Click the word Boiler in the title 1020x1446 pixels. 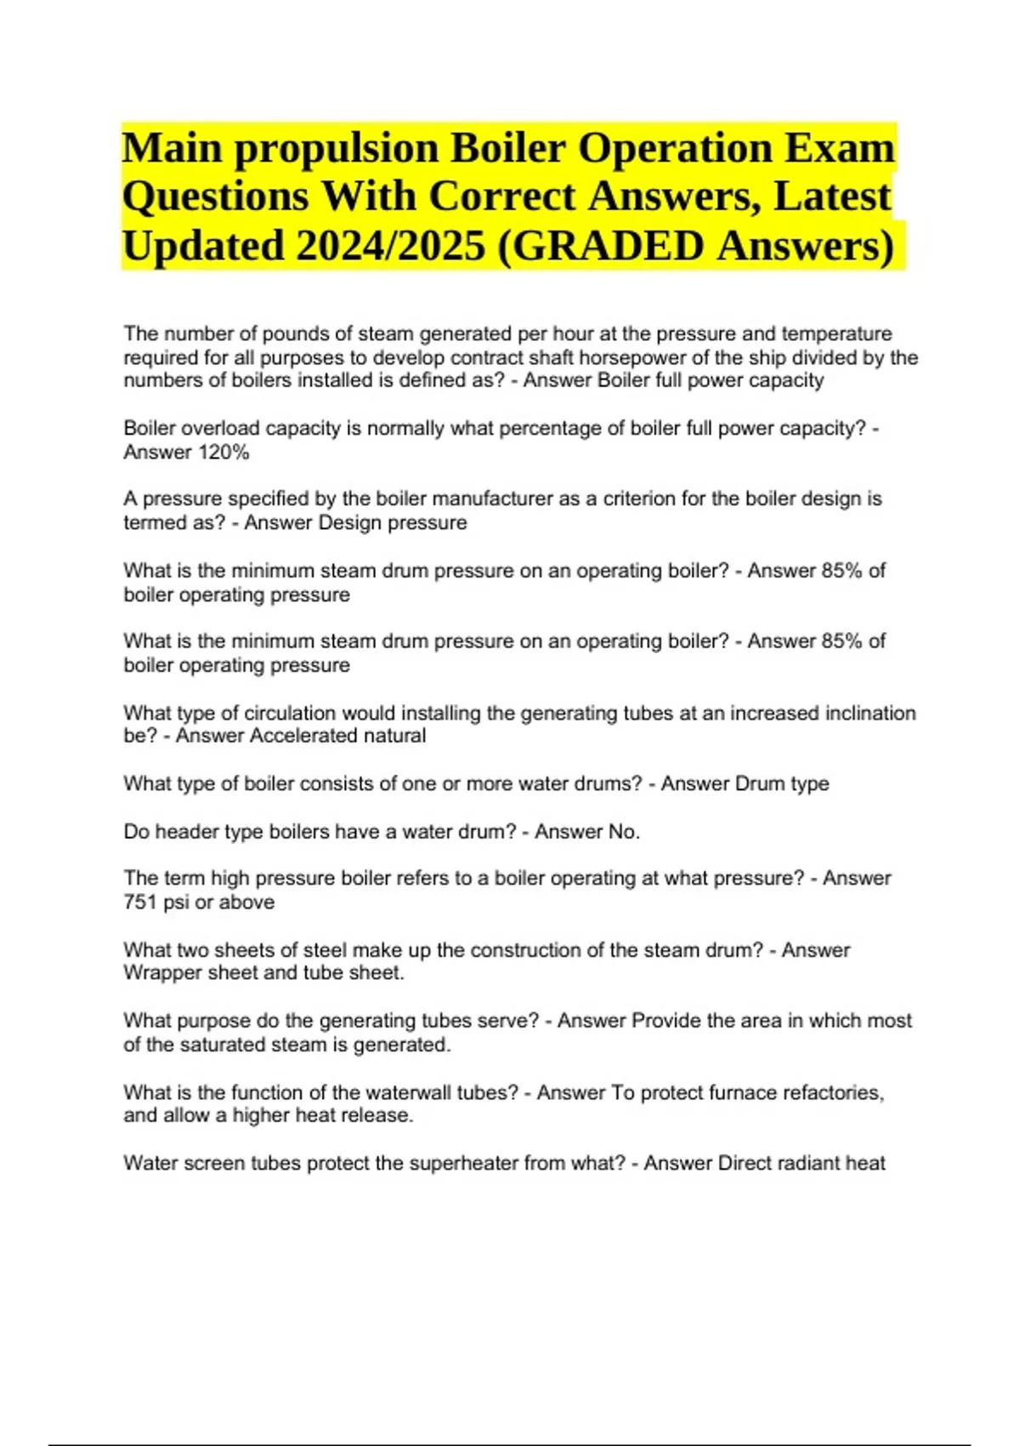tap(507, 149)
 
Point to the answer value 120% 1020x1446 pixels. tap(224, 453)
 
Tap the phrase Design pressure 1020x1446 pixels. tap(392, 522)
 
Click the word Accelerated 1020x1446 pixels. tap(302, 736)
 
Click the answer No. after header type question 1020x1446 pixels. tap(624, 832)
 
